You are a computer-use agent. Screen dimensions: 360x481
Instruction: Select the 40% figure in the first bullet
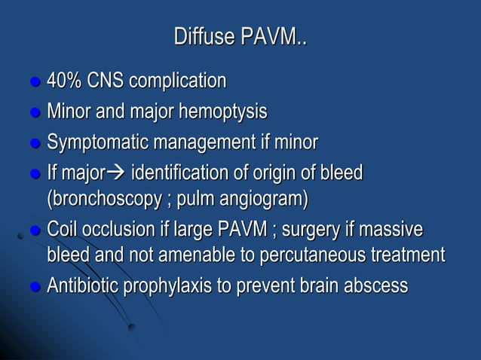pyautogui.click(x=65, y=80)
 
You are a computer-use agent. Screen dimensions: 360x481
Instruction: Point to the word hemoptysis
pyautogui.click(x=227, y=112)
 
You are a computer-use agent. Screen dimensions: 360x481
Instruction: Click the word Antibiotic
pyautogui.click(x=83, y=286)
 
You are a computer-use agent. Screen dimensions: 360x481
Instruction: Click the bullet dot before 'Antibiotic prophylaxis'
pyautogui.click(x=35, y=288)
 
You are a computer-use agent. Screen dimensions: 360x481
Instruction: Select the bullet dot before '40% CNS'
pyautogui.click(x=35, y=81)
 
